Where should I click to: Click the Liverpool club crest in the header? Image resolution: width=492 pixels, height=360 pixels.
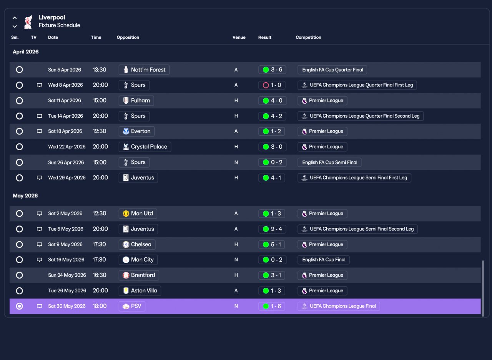point(28,22)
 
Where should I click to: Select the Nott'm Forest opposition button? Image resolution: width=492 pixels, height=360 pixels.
point(144,70)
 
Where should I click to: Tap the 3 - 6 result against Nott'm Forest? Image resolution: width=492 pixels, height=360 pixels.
point(272,70)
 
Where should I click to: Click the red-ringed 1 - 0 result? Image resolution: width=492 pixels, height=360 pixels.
point(272,85)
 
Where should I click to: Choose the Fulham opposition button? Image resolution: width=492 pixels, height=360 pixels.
point(136,101)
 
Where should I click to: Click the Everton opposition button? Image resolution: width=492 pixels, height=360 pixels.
point(136,131)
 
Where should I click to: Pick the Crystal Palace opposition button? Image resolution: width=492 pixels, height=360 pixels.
point(145,147)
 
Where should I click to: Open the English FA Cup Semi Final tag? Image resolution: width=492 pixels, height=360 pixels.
point(329,163)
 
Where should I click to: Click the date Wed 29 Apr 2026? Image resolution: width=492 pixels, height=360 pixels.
point(67,178)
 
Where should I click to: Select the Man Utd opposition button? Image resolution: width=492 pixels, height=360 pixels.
point(138,214)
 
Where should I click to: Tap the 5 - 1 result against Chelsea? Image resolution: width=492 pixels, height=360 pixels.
point(271,244)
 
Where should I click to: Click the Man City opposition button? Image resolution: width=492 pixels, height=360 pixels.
point(138,260)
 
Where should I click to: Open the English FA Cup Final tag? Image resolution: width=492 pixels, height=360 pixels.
point(324,260)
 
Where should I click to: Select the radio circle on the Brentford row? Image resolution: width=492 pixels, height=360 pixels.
point(19,275)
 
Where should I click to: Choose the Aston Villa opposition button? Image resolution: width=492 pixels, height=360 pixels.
point(140,290)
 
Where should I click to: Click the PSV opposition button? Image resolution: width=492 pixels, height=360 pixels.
point(132,306)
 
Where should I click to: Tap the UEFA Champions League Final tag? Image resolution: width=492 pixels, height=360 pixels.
point(339,306)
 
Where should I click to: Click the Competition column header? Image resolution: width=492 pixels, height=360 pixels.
point(308,37)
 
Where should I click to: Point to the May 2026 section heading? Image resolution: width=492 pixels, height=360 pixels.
point(25,196)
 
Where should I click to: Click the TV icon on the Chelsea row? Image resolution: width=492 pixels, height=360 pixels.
point(39,244)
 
